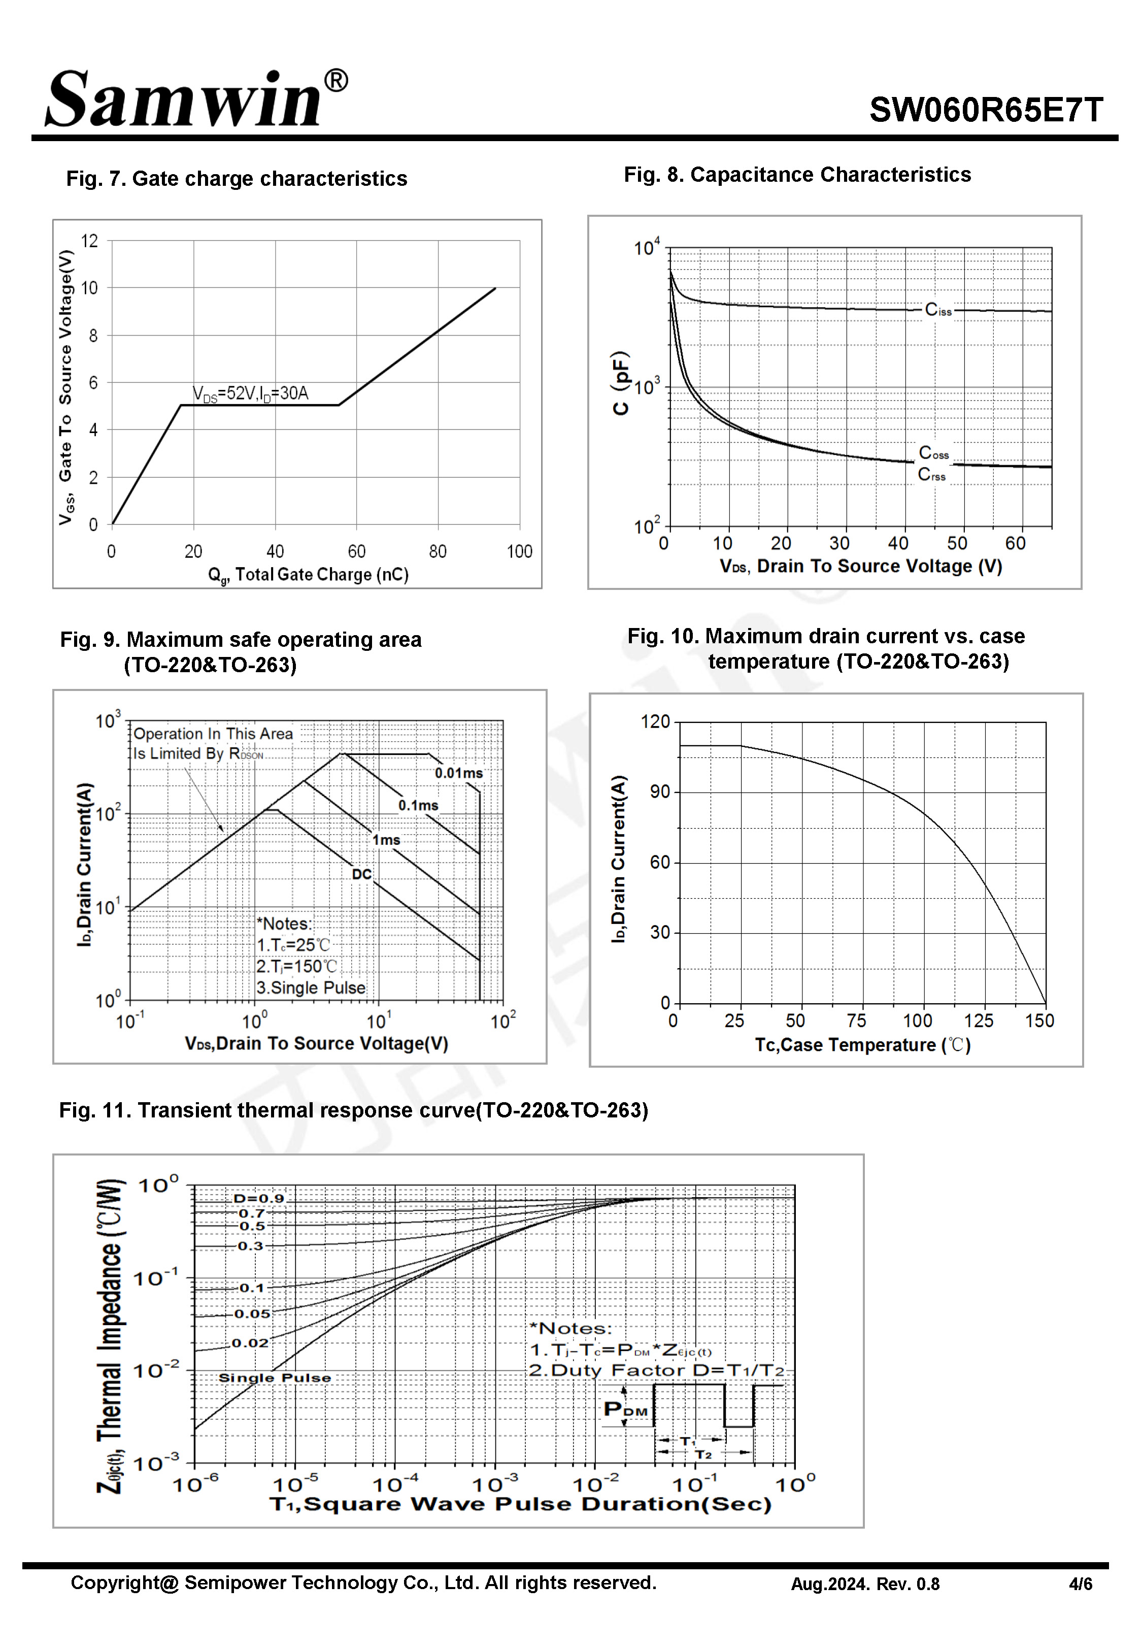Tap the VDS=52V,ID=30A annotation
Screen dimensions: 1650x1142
tap(250, 393)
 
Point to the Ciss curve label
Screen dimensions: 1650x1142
tap(938, 310)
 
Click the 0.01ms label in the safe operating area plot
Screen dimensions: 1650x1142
tap(459, 774)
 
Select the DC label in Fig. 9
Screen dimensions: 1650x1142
tap(361, 874)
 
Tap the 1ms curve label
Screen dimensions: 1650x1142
tap(386, 840)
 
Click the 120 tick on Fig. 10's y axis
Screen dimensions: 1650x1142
tap(655, 721)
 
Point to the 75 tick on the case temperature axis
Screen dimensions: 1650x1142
tap(857, 1021)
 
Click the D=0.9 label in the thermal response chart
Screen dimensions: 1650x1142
tap(259, 1199)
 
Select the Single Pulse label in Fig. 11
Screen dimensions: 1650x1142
tap(275, 1378)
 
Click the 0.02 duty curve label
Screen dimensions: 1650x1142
tap(250, 1343)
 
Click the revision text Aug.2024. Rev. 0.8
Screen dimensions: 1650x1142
tap(865, 1584)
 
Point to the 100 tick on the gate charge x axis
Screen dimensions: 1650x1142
tap(519, 552)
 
